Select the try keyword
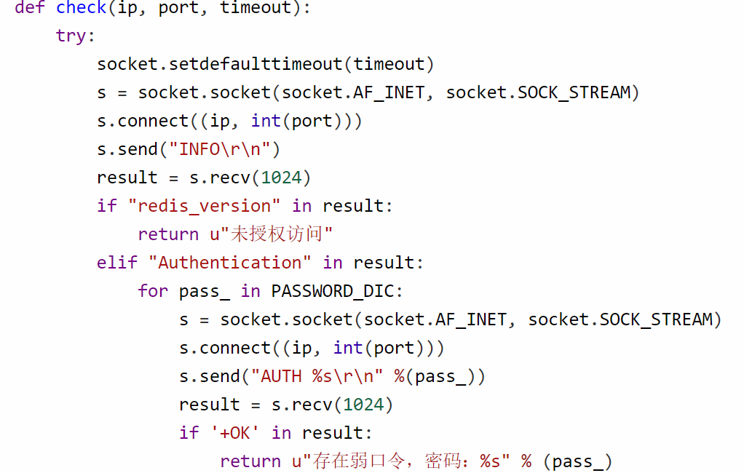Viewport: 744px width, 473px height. coord(71,36)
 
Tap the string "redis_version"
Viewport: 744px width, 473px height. coord(205,206)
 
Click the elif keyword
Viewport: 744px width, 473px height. coord(116,263)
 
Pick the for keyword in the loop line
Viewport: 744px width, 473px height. coord(153,291)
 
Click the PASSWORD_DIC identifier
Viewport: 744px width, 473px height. coord(333,291)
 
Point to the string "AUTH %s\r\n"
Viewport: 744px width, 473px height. coord(317,376)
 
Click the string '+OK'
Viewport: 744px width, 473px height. coord(235,433)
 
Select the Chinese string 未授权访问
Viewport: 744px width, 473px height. coord(282,234)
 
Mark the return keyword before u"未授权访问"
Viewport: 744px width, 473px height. coord(168,234)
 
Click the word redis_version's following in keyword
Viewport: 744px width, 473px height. coord(302,206)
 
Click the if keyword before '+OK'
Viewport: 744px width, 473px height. coord(189,433)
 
